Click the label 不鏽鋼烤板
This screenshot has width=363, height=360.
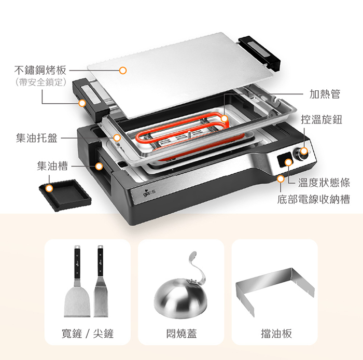tap(40, 70)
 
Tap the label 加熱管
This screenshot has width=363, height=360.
tap(325, 94)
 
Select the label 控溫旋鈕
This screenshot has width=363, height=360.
tap(322, 119)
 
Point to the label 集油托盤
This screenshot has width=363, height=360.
tap(37, 138)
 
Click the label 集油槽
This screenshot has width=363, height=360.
tap(52, 166)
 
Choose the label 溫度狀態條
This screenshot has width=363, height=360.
tap(324, 183)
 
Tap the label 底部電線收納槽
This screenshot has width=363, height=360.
tap(314, 199)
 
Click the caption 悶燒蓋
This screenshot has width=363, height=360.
tap(181, 334)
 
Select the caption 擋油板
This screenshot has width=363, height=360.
tap(276, 334)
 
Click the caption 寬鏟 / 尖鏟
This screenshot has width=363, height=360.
tap(88, 334)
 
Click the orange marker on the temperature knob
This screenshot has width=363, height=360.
tap(304, 151)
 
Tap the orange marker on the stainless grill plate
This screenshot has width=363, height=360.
tap(123, 71)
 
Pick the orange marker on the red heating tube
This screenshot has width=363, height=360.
tap(224, 119)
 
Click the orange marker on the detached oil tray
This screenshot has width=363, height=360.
tap(49, 188)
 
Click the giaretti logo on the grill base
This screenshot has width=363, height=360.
tap(149, 193)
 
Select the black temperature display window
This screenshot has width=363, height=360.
tap(284, 160)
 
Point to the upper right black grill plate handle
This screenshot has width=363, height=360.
tap(259, 53)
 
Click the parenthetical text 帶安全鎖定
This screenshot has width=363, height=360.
tap(40, 82)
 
